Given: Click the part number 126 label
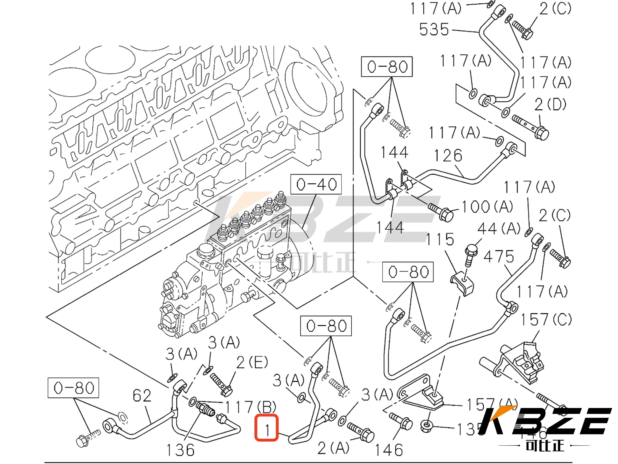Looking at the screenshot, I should (448, 156).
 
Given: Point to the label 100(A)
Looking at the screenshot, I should (487, 207).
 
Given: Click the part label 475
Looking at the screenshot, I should (499, 256).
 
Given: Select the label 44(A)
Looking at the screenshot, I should (499, 228).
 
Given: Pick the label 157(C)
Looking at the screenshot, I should (546, 319).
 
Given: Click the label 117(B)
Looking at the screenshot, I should (250, 407).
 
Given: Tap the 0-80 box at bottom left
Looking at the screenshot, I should (73, 388).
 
